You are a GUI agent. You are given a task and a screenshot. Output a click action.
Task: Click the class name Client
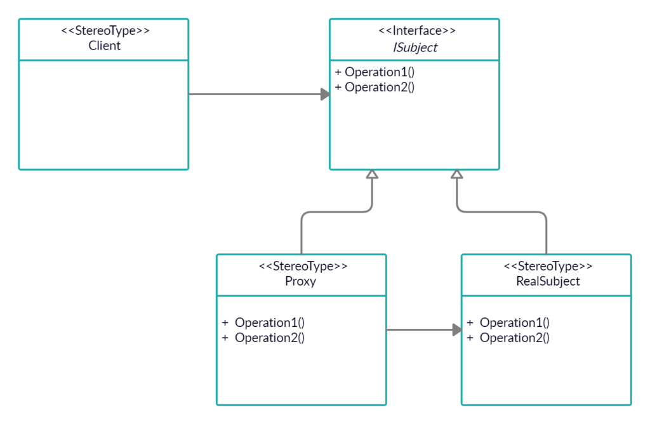coord(104,46)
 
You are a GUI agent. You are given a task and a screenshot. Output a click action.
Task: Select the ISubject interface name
coord(415,47)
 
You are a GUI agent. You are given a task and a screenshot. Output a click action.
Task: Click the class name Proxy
coord(300,281)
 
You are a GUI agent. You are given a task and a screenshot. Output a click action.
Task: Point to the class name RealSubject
coord(547,281)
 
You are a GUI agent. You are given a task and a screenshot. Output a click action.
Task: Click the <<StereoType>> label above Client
coord(105,30)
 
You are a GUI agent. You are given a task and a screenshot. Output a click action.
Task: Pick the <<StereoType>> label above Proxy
coord(303,266)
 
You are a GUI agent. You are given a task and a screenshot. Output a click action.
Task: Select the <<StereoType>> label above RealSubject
coord(548,266)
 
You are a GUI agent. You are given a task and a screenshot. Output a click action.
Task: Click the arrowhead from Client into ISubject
coord(324,95)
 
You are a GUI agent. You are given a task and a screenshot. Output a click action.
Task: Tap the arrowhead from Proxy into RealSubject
coord(456,330)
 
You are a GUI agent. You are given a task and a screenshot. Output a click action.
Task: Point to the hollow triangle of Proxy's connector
coord(373,175)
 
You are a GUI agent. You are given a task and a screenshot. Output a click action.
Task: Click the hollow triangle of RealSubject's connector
coord(456,175)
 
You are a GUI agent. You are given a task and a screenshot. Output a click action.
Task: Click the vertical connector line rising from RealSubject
coord(547,235)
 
